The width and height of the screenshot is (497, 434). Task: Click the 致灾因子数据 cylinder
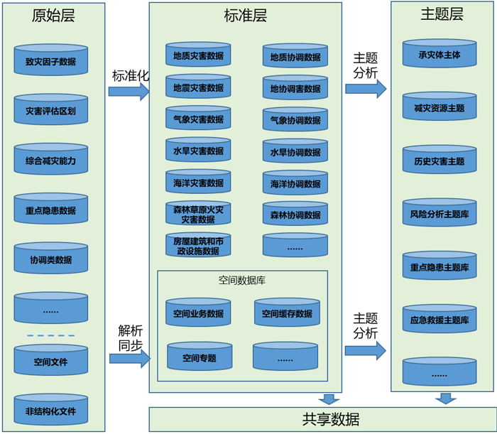point(50,61)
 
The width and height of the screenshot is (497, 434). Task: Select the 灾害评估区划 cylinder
point(50,111)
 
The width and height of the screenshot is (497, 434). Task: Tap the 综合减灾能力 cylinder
point(50,161)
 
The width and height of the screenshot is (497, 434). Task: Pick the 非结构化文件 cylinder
point(50,410)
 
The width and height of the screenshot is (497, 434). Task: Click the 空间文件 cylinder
point(50,361)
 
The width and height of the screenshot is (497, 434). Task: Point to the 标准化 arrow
point(129,91)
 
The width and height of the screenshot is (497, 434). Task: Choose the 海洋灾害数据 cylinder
point(198,183)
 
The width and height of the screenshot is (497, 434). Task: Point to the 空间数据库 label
point(242,281)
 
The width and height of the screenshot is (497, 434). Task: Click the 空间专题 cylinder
point(199,357)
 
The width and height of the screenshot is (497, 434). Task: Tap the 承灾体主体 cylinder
point(439,54)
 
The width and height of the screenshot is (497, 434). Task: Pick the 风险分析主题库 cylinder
point(439,213)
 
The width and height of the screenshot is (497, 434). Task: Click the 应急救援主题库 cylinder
point(439,320)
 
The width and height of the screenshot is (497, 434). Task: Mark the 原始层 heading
point(53,16)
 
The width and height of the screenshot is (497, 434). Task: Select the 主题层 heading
point(442,14)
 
